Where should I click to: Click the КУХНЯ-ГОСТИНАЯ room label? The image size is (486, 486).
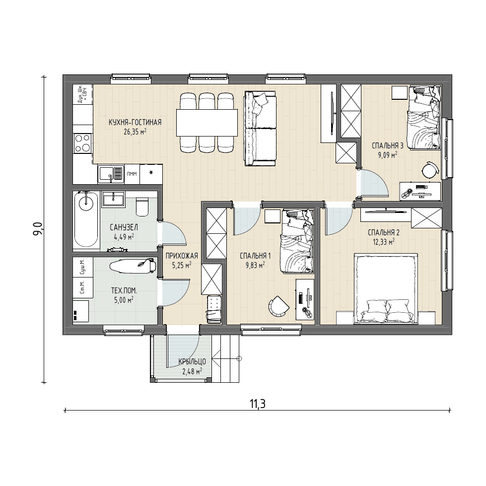pyautogui.click(x=135, y=123)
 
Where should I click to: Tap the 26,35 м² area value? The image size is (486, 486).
pyautogui.click(x=135, y=132)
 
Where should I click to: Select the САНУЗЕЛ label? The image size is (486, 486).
pyautogui.click(x=124, y=227)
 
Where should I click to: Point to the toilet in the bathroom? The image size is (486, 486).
pyautogui.click(x=142, y=207)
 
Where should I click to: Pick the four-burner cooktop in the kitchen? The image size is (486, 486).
pyautogui.click(x=83, y=143)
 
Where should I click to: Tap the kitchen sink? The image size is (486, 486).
pyautogui.click(x=111, y=174)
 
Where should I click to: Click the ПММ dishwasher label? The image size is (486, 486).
pyautogui.click(x=132, y=174)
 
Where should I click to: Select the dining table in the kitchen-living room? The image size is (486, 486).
pyautogui.click(x=207, y=123)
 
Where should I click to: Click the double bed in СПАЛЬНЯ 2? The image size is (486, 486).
pyautogui.click(x=386, y=289)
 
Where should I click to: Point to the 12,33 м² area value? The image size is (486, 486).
pyautogui.click(x=384, y=242)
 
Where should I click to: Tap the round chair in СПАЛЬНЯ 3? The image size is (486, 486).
pyautogui.click(x=430, y=170)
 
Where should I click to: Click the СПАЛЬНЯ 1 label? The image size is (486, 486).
pyautogui.click(x=255, y=256)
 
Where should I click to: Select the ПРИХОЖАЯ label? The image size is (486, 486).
pyautogui.click(x=182, y=256)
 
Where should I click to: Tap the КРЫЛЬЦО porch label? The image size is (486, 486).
pyautogui.click(x=192, y=362)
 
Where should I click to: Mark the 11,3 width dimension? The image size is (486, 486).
pyautogui.click(x=258, y=404)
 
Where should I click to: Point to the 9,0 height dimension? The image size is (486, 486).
pyautogui.click(x=38, y=229)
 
